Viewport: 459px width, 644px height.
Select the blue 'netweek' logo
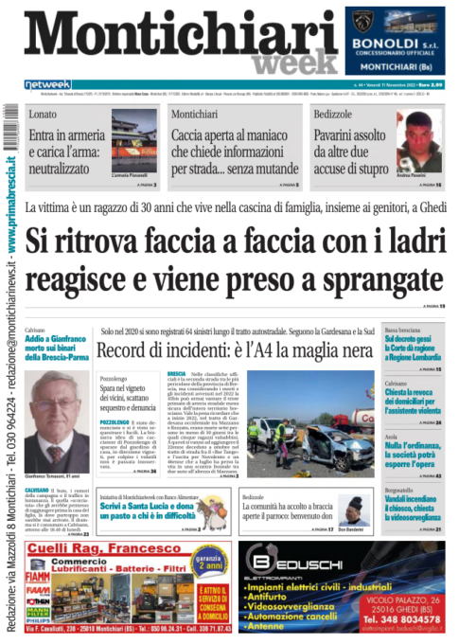[48, 84]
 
